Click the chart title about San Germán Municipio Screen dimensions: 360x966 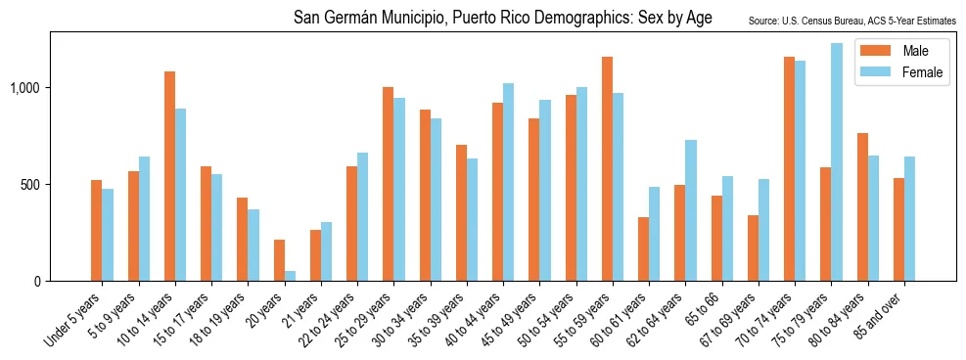[503, 19]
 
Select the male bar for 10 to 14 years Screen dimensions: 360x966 [169, 176]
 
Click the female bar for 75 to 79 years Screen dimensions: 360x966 [837, 162]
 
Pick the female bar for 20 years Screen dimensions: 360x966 [291, 276]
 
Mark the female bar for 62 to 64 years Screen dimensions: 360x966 [691, 210]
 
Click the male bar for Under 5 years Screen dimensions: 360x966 [96, 231]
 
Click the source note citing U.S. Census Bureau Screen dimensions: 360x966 [851, 20]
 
